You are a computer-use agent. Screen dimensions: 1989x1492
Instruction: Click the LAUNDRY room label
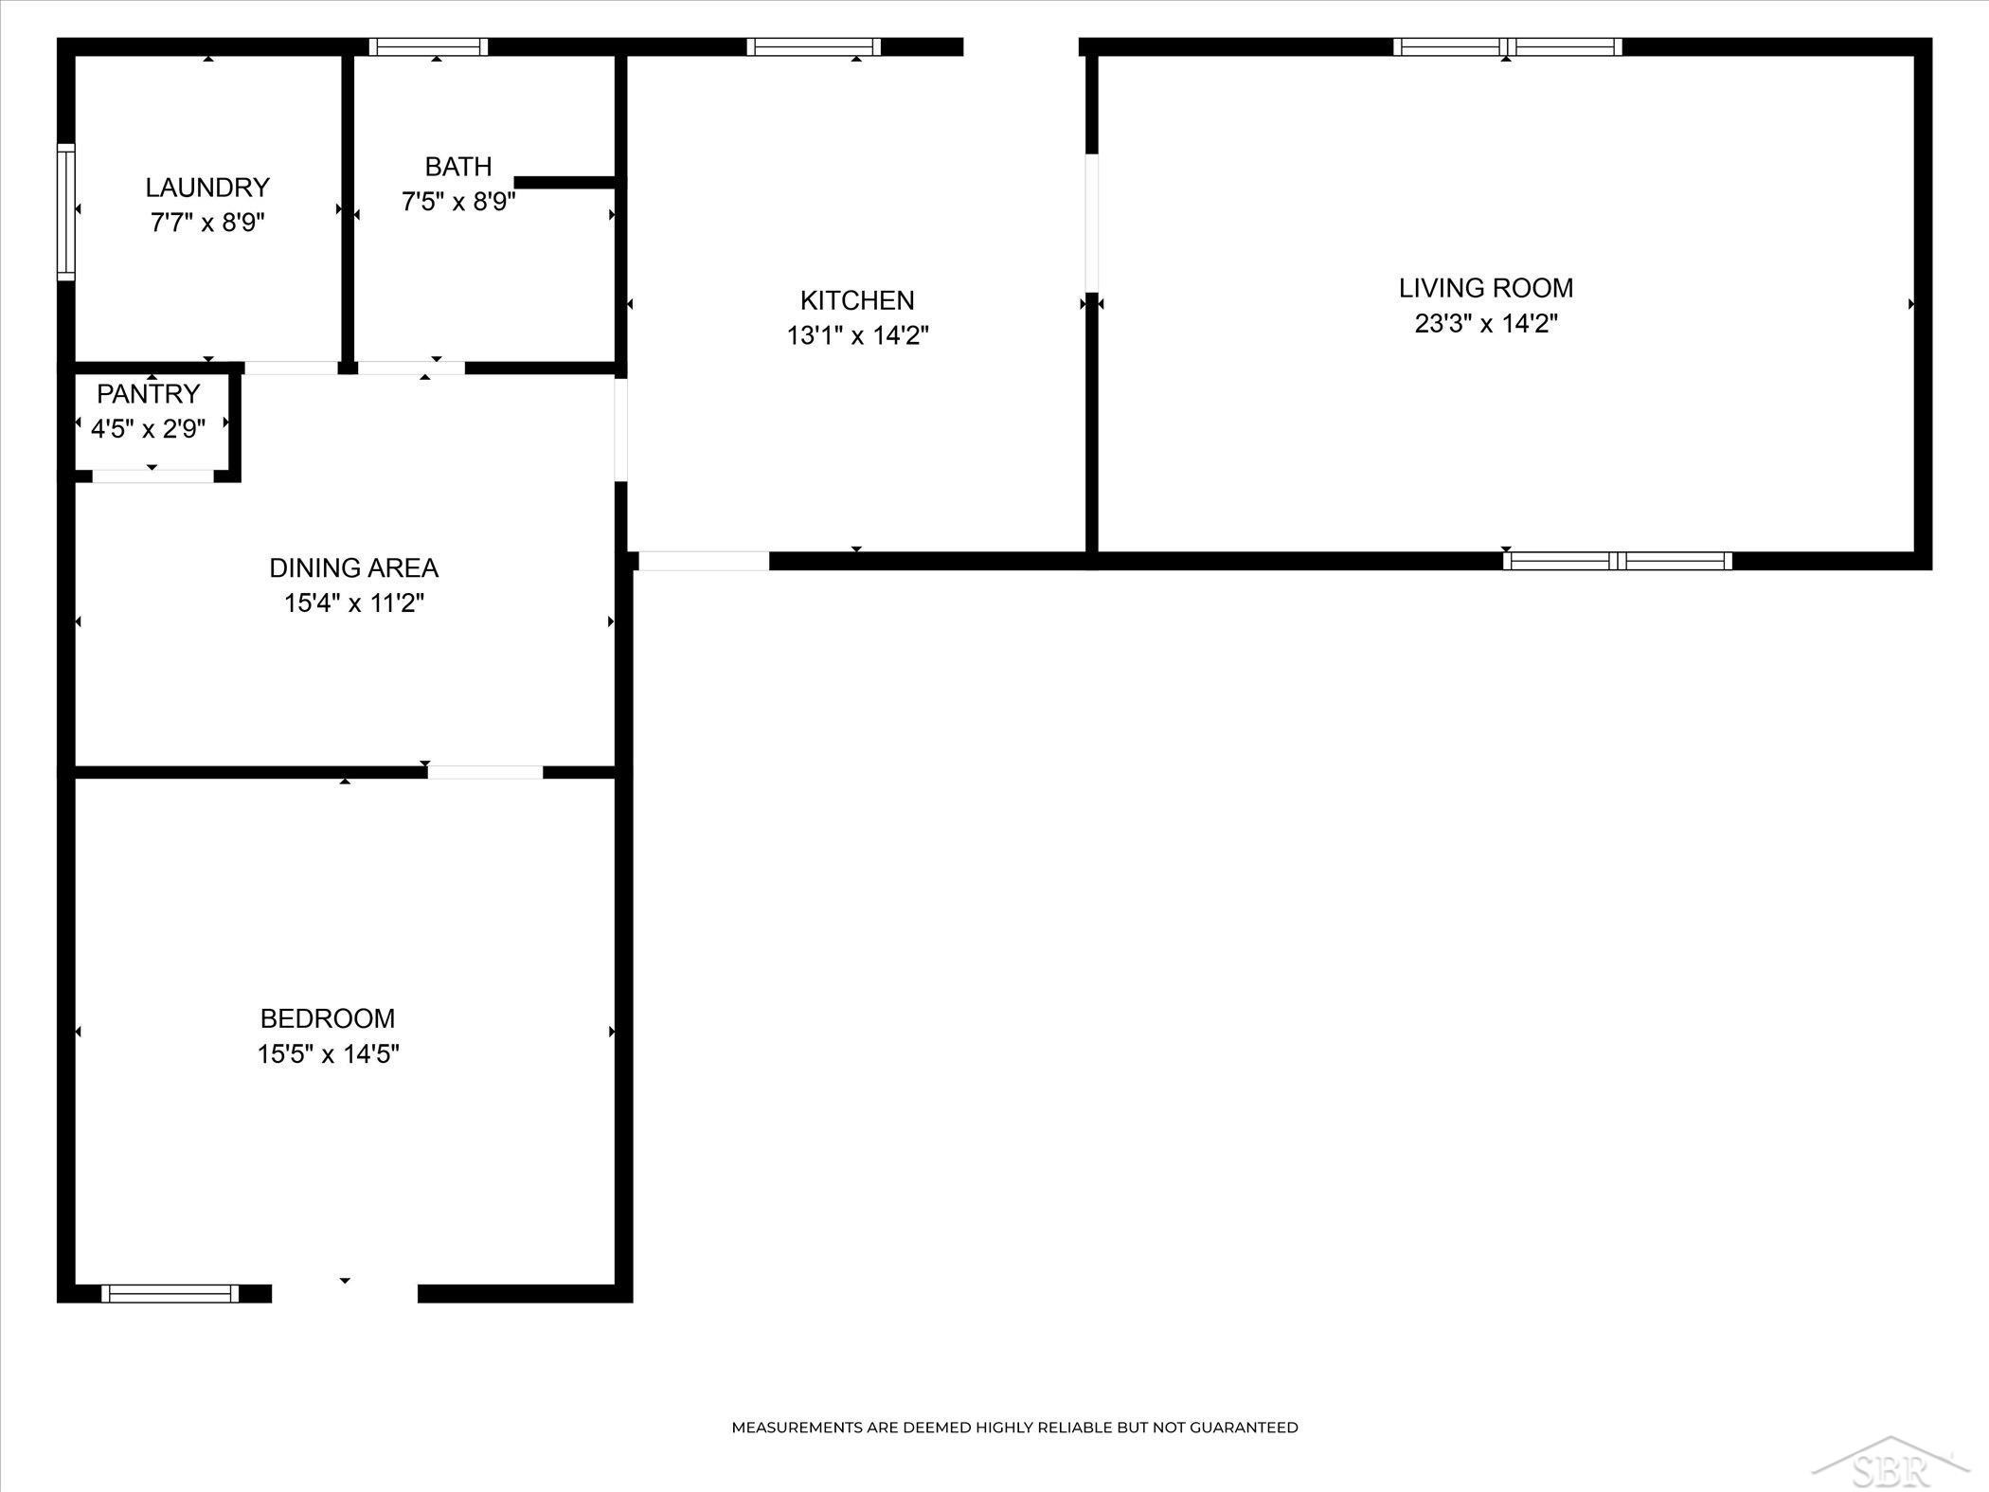[x=207, y=187]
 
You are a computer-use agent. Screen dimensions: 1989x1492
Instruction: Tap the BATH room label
[x=458, y=167]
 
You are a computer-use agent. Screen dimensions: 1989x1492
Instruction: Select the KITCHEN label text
[x=857, y=300]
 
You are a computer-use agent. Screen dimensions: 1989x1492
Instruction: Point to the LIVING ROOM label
[x=1486, y=288]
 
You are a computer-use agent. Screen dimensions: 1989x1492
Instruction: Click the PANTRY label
[x=149, y=393]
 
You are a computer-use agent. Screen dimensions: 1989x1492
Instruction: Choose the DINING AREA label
[x=354, y=567]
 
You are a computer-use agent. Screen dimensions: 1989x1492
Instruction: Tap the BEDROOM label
[x=328, y=1018]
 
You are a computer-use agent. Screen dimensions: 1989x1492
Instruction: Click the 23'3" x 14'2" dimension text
[x=1486, y=324]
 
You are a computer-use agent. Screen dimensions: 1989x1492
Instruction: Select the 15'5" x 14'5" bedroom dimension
[x=328, y=1054]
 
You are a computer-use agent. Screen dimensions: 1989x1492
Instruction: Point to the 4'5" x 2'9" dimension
[x=149, y=429]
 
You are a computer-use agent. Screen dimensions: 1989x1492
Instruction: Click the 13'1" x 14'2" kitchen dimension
[x=857, y=336]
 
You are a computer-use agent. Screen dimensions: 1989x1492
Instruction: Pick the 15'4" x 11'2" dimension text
[x=354, y=603]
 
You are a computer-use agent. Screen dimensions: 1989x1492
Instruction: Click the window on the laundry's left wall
[x=65, y=211]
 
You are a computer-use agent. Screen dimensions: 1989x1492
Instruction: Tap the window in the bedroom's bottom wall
[x=170, y=1293]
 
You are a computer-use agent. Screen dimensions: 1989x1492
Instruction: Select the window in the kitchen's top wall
[x=814, y=46]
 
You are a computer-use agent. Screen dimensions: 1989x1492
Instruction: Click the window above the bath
[x=428, y=46]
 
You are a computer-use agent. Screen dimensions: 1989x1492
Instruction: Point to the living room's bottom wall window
[x=1618, y=561]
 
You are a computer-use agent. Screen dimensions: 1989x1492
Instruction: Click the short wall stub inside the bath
[x=566, y=182]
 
